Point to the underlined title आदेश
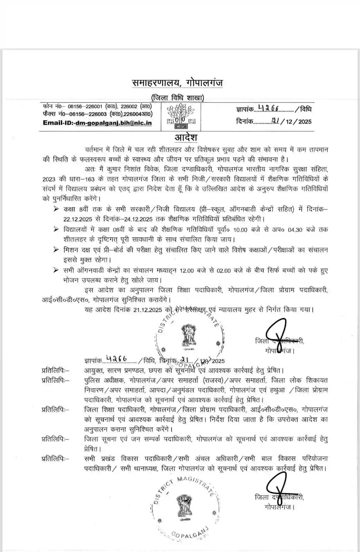pyautogui.click(x=186, y=137)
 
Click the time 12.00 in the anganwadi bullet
pyautogui.click(x=187, y=270)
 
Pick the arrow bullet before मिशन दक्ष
pyautogui.click(x=56, y=250)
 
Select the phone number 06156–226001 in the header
pyautogui.click(x=85, y=107)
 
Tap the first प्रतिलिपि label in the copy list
pyautogui.click(x=55, y=371)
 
